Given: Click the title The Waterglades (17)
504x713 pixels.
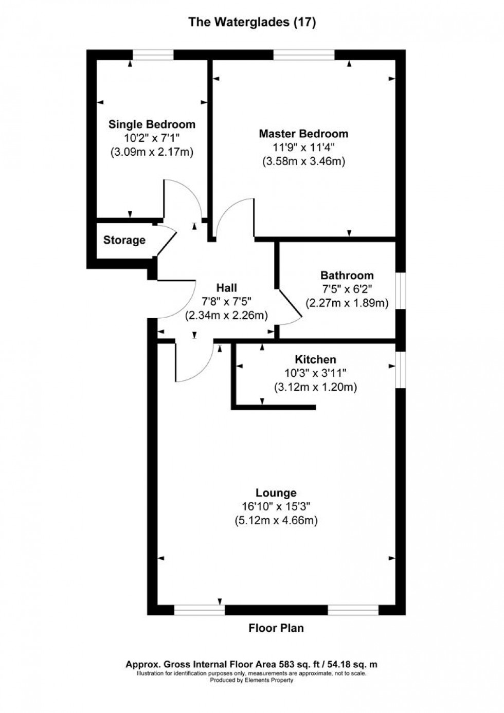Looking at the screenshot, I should (x=251, y=22).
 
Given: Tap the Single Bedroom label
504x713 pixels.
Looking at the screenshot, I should (x=152, y=124).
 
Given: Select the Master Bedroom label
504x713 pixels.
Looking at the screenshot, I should (x=303, y=134).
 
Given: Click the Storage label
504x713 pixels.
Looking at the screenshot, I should (x=124, y=240).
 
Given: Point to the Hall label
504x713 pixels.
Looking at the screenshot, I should (x=226, y=288).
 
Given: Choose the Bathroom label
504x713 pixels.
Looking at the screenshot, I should (x=347, y=275).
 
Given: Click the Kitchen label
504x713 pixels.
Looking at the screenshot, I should (x=315, y=359).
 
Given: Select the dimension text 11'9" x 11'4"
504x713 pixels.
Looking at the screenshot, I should (x=303, y=148).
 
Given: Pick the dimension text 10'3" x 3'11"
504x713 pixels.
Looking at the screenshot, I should (x=315, y=373).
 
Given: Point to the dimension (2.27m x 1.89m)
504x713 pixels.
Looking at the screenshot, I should (x=347, y=303).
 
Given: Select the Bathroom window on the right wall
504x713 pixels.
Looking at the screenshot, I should (x=401, y=290).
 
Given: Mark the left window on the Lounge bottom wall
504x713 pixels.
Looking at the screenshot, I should (x=200, y=610).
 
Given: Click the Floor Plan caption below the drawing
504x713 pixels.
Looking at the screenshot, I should (x=276, y=628).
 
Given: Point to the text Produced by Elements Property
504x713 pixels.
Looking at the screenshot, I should (x=251, y=680).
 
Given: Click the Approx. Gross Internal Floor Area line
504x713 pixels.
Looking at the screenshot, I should (x=251, y=665).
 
